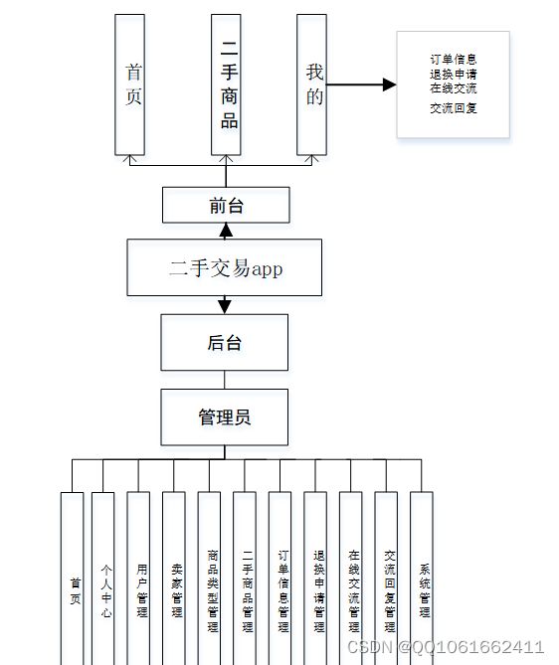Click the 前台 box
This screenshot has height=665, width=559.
(x=226, y=205)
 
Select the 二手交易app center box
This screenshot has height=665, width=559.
(x=224, y=267)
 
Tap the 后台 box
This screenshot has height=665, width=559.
(x=224, y=342)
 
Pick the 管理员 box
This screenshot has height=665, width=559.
(x=224, y=417)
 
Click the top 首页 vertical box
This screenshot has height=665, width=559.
(x=130, y=84)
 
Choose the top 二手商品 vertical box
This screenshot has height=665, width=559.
(x=226, y=84)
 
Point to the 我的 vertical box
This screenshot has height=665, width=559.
(x=311, y=84)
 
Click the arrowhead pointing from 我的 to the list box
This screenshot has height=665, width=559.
(x=389, y=84)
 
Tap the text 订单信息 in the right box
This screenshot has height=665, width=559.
(x=453, y=60)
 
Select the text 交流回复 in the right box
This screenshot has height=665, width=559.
(x=453, y=108)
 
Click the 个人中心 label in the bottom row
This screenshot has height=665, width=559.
(x=106, y=590)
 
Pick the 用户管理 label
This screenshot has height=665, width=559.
(x=142, y=590)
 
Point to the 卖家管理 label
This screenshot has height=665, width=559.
(x=177, y=590)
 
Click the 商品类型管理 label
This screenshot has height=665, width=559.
(x=213, y=590)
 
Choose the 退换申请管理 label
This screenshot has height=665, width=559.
(x=318, y=590)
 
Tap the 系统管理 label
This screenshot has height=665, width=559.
(x=425, y=590)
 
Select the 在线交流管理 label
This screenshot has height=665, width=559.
(x=354, y=590)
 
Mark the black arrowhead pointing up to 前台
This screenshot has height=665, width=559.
(x=226, y=231)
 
